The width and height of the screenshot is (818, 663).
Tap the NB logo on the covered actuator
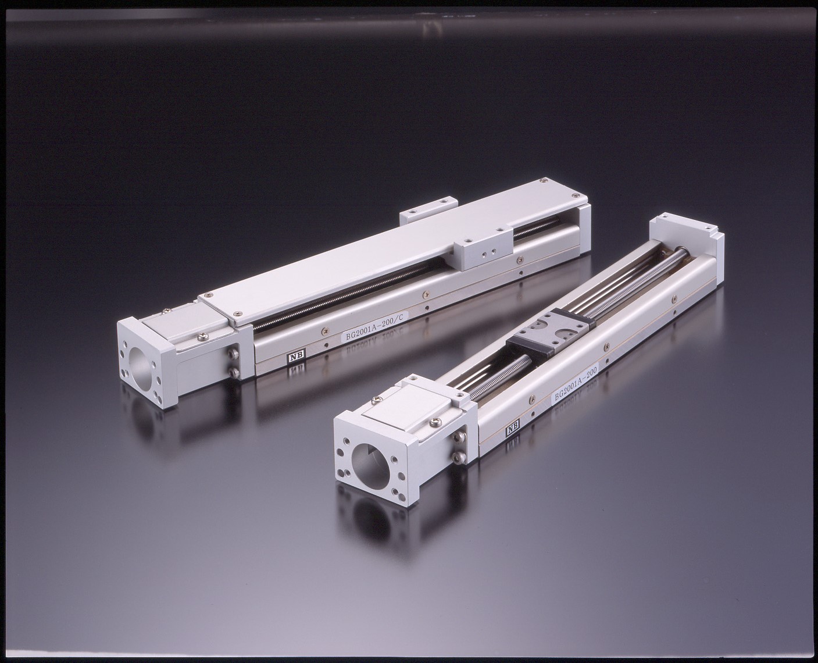click(x=293, y=357)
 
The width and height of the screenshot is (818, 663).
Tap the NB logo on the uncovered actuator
click(x=512, y=428)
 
